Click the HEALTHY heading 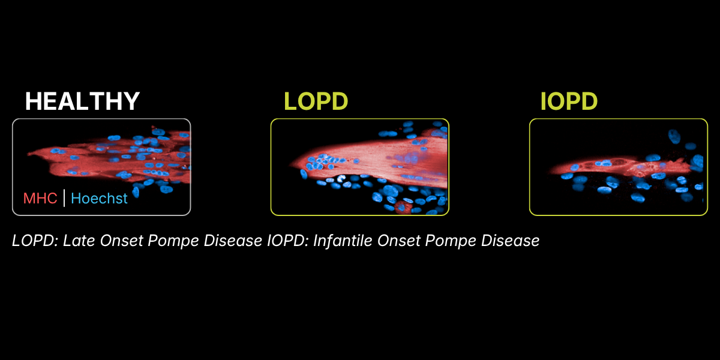82,101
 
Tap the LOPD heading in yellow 316,101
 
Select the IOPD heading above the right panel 569,101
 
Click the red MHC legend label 40,199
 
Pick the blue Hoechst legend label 99,199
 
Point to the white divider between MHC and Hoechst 64,198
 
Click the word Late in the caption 79,241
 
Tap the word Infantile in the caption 343,241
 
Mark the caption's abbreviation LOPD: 35,241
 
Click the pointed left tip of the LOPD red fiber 290,165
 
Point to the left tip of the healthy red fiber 28,154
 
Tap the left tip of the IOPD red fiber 550,172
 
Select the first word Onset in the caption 121,241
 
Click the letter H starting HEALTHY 33,101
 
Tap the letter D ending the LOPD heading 339,101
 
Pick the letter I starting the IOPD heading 543,101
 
